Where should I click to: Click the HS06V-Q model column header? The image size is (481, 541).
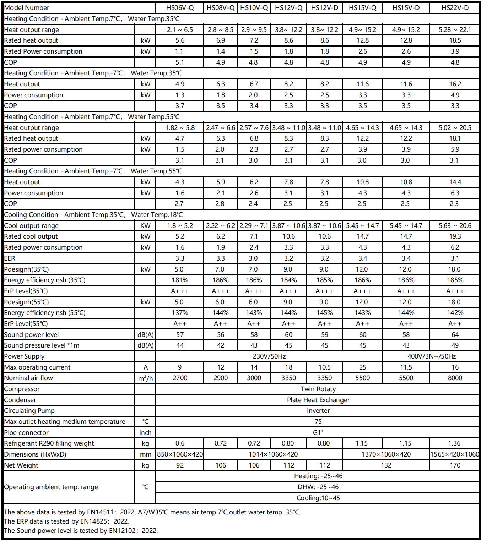point(180,8)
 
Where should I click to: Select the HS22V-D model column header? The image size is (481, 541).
point(455,8)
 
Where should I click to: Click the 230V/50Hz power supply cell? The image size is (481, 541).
point(269,356)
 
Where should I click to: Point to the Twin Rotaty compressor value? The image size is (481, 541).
point(318,389)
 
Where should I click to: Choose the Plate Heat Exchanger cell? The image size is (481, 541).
point(318,400)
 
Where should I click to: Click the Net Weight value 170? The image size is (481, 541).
point(455,465)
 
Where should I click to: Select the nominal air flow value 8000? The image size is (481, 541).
point(455,378)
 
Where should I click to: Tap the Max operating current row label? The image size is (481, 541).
point(37,367)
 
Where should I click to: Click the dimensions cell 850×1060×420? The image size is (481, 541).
point(180,454)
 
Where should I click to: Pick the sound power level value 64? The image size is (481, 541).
point(455,334)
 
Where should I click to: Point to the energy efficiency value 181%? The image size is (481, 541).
point(180,280)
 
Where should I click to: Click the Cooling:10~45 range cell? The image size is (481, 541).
point(318,498)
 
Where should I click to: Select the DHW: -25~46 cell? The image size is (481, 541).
point(318,487)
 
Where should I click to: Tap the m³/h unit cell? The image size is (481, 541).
point(145,378)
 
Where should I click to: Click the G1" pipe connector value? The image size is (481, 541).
point(318,432)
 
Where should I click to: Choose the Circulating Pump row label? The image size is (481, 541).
point(29,410)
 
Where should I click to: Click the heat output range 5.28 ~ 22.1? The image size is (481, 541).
point(455,29)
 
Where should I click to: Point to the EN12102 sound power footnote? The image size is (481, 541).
point(81,530)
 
